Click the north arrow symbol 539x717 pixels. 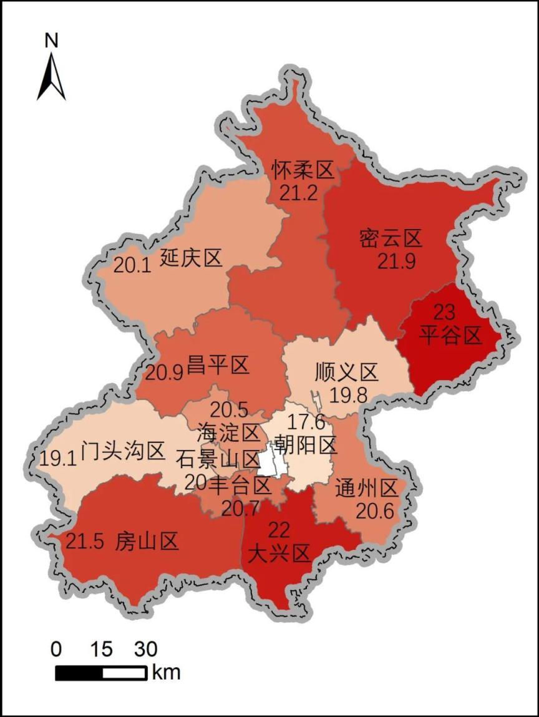51,76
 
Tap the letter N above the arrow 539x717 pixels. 51,41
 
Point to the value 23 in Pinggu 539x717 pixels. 445,312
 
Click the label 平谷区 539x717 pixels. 450,336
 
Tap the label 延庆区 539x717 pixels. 191,258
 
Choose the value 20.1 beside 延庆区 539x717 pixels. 132,266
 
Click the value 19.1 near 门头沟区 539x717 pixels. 57,459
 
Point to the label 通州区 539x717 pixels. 366,488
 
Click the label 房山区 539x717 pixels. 147,541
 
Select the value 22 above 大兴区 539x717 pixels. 278,530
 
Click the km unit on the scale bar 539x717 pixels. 165,672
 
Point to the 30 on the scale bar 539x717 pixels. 145,650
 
